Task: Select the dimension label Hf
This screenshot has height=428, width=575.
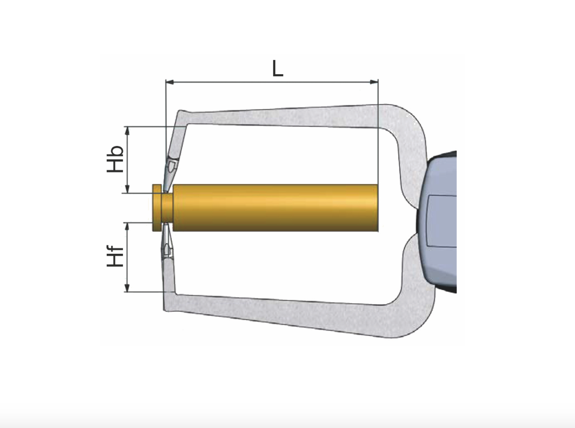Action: (x=116, y=256)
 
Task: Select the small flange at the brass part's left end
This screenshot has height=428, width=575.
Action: (x=157, y=207)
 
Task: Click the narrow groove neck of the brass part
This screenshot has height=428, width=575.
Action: (x=167, y=207)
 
